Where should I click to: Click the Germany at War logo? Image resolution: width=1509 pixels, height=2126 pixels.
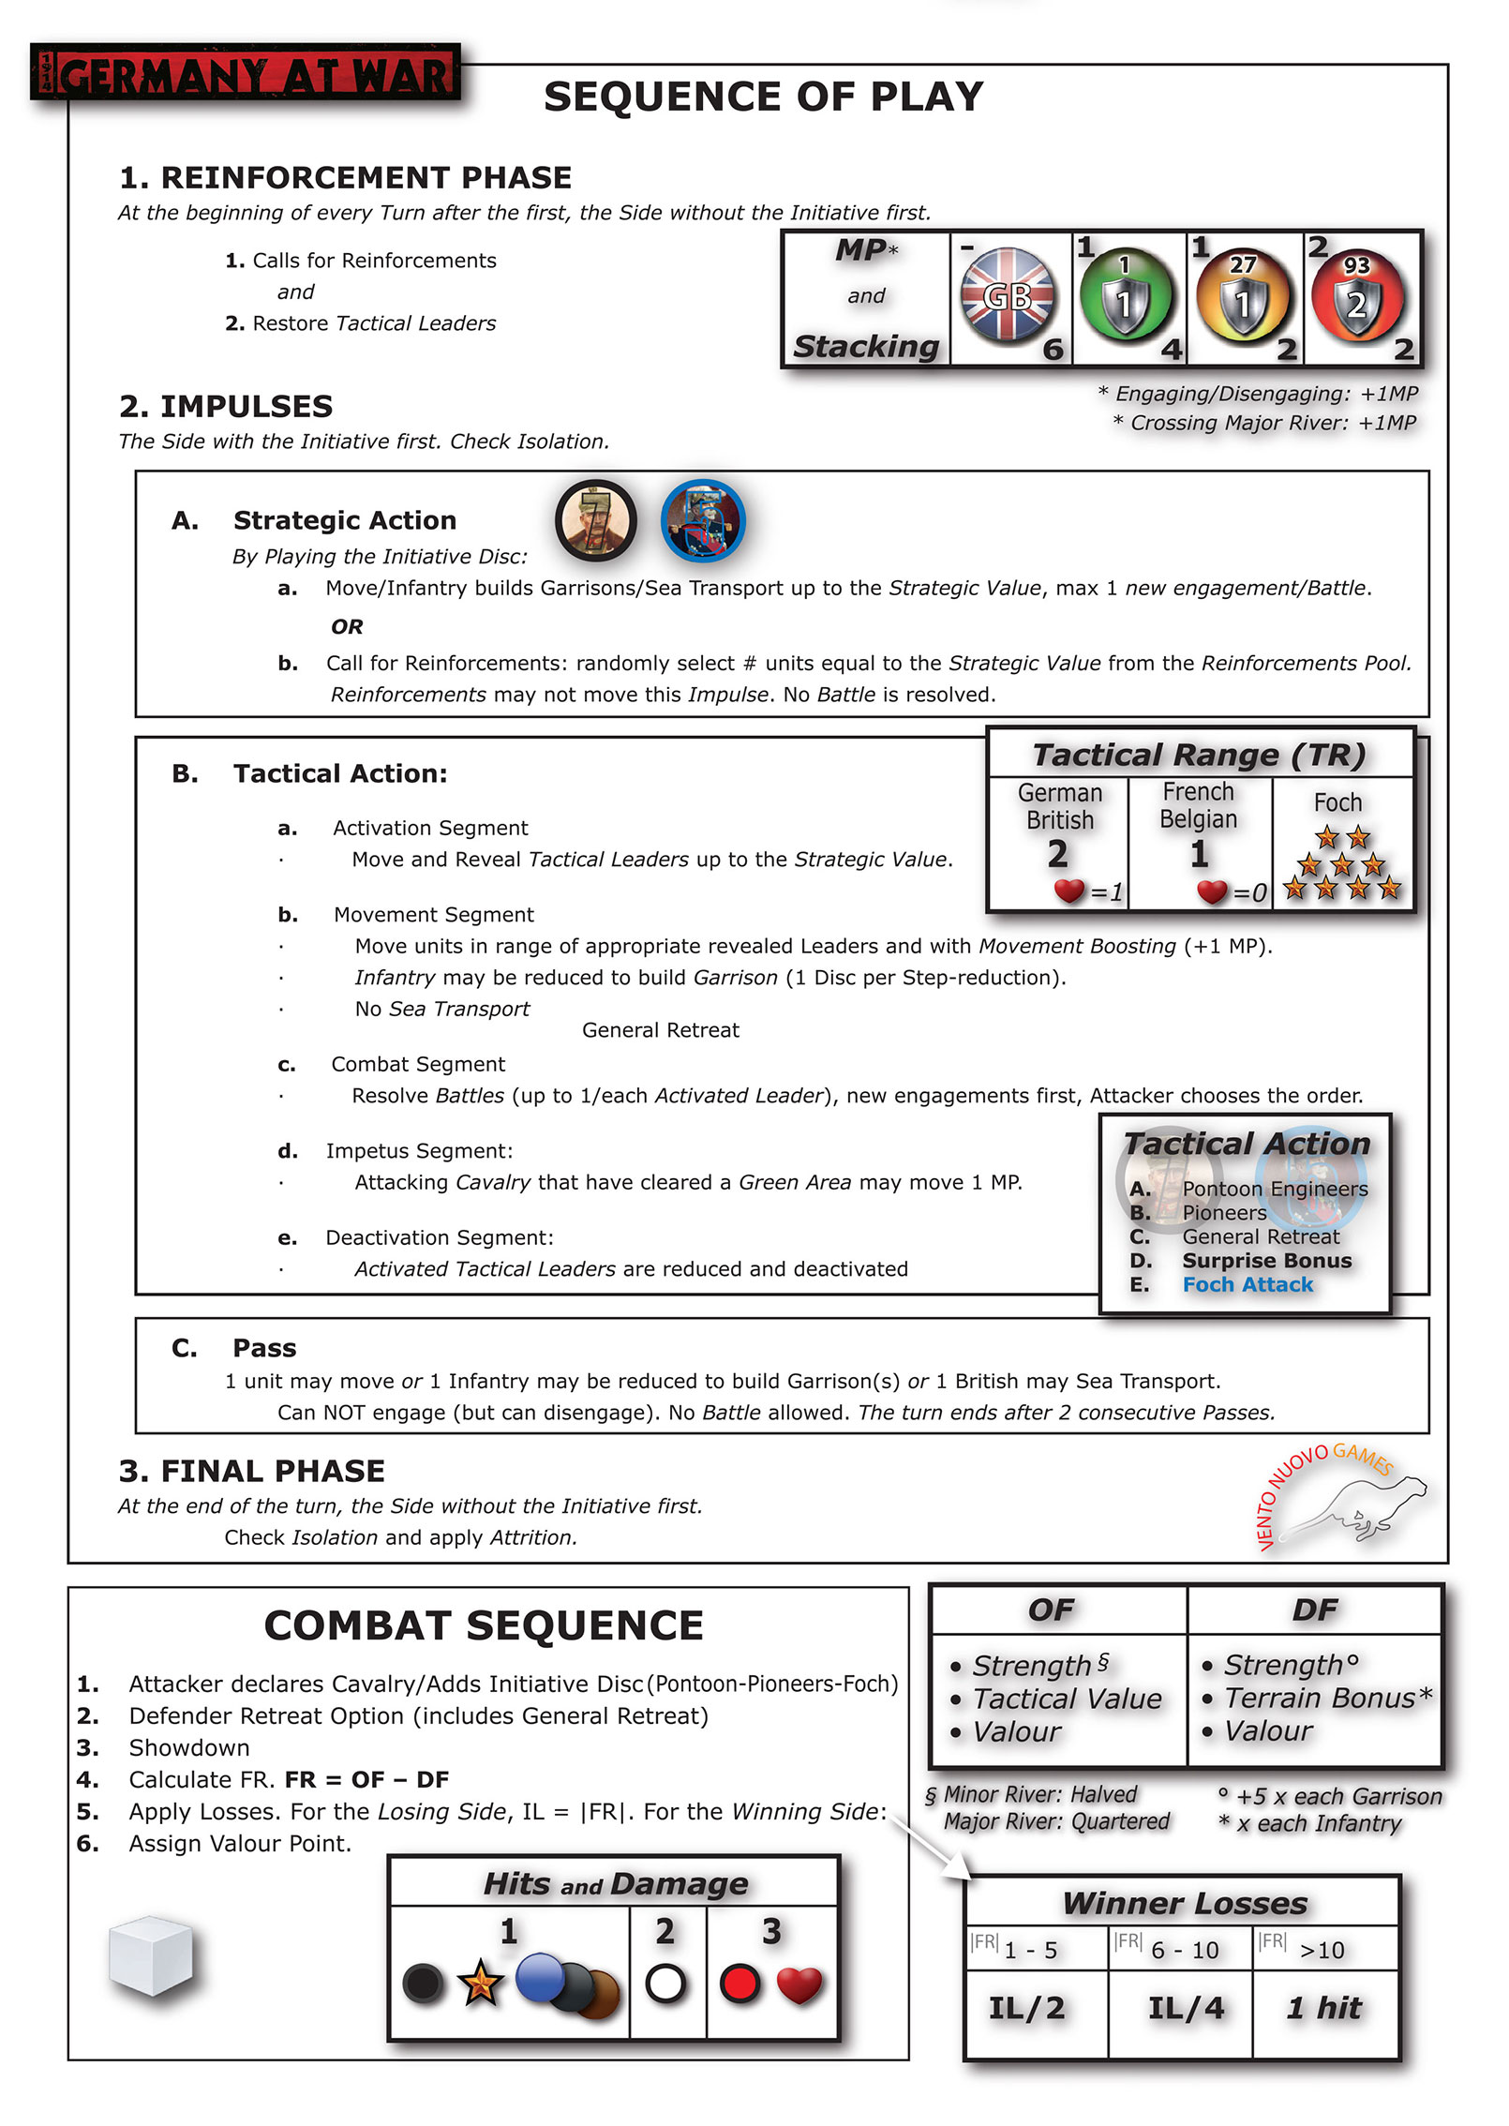pos(246,73)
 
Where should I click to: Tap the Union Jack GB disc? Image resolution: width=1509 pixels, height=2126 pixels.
pos(1008,294)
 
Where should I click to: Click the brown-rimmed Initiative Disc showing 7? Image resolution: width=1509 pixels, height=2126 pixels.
pos(595,519)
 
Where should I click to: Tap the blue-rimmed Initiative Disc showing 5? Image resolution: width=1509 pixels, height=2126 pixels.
pos(703,519)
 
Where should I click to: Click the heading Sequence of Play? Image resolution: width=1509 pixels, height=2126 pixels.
pos(763,97)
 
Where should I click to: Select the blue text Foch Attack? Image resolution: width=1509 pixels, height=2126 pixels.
pos(1247,1284)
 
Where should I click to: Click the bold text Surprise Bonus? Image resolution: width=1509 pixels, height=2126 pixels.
pos(1266,1261)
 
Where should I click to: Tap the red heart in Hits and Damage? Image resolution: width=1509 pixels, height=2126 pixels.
pos(799,1984)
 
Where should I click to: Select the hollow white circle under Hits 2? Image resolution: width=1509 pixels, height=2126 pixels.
pos(665,1984)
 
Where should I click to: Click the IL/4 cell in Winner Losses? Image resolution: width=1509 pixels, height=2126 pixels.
pos(1186,2007)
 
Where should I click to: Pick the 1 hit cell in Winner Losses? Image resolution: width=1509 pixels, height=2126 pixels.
pos(1324,2007)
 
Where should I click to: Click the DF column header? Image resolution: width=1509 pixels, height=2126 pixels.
pos(1314,1609)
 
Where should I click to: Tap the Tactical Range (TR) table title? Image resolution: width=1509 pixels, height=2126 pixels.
pos(1199,755)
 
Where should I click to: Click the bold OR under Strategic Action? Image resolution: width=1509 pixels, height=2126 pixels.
pos(347,626)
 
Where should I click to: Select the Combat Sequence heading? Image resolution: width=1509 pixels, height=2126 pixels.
pos(484,1625)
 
